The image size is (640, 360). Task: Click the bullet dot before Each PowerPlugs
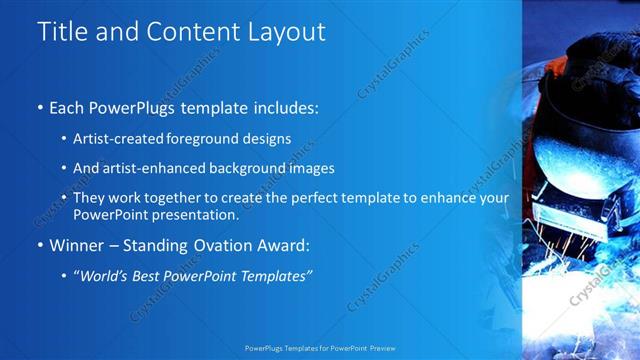point(39,107)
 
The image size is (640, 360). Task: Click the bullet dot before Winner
point(39,245)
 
